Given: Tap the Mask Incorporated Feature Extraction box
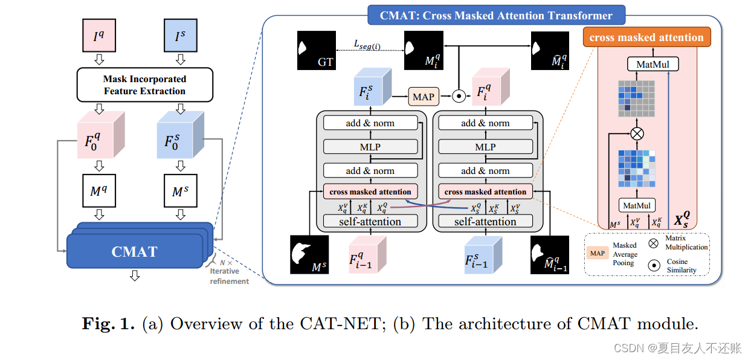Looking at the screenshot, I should (x=144, y=85).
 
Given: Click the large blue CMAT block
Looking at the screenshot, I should (x=134, y=251).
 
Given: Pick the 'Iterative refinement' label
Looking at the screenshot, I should (x=229, y=276).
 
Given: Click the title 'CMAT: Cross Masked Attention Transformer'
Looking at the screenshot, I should (x=496, y=16).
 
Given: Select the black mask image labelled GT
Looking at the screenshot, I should (x=316, y=51).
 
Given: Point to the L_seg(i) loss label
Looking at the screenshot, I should (x=367, y=43).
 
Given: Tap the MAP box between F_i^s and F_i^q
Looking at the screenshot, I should (x=424, y=96).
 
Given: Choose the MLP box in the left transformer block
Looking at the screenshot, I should (x=370, y=147).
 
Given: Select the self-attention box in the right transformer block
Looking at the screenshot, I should (x=485, y=222).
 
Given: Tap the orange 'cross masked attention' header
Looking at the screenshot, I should (x=646, y=37).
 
